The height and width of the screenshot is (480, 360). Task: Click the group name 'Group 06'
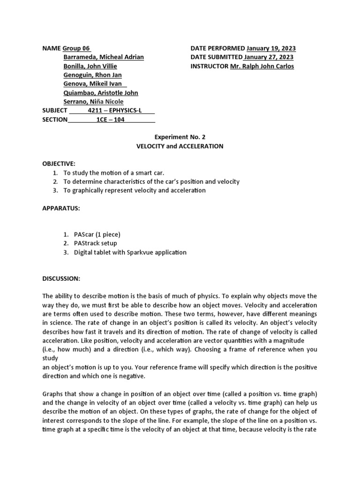76,48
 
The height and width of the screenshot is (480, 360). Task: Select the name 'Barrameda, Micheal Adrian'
103,57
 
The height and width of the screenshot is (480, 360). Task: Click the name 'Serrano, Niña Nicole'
94,102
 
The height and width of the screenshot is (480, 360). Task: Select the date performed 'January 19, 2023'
271,48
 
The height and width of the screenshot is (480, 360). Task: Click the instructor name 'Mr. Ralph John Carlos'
262,66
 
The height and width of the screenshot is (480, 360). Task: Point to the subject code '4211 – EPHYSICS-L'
114,111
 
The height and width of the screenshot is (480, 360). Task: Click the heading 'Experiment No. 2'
180,137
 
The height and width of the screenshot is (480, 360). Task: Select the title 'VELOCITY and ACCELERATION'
180,146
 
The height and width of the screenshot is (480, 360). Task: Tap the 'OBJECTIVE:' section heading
59,164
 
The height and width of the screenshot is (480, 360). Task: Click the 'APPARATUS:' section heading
60,208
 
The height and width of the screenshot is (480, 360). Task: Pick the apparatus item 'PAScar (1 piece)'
97,234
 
